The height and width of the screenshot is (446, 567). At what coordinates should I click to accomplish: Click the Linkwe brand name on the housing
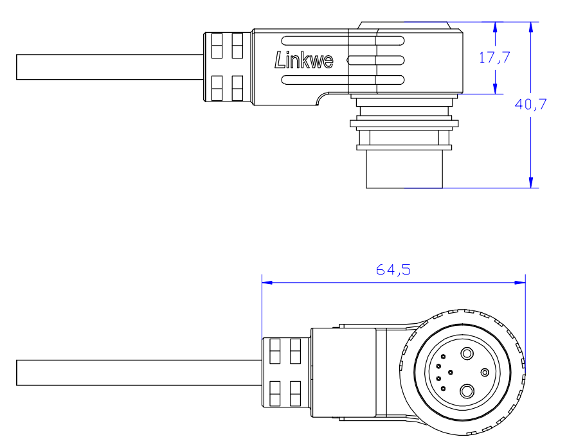[303, 60]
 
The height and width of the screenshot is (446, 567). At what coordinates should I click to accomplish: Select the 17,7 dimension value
[494, 57]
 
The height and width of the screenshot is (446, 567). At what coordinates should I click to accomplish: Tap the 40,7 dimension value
[531, 104]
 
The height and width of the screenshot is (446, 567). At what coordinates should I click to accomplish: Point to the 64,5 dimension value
[393, 270]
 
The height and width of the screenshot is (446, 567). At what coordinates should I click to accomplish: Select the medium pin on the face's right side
[485, 372]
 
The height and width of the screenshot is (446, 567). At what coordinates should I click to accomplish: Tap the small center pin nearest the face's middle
[451, 372]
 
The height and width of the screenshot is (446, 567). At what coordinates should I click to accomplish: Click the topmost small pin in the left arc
[442, 357]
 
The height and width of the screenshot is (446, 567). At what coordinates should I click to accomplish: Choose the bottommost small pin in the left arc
[442, 388]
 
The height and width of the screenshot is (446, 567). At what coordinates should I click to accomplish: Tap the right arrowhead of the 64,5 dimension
[521, 282]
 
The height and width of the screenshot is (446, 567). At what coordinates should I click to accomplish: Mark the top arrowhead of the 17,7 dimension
[495, 26]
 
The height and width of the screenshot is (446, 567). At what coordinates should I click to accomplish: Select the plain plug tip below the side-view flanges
[405, 170]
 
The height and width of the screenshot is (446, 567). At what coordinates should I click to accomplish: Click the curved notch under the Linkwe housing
[322, 98]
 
